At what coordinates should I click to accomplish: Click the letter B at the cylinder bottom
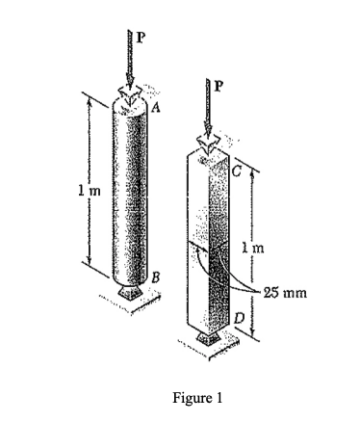(144, 277)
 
